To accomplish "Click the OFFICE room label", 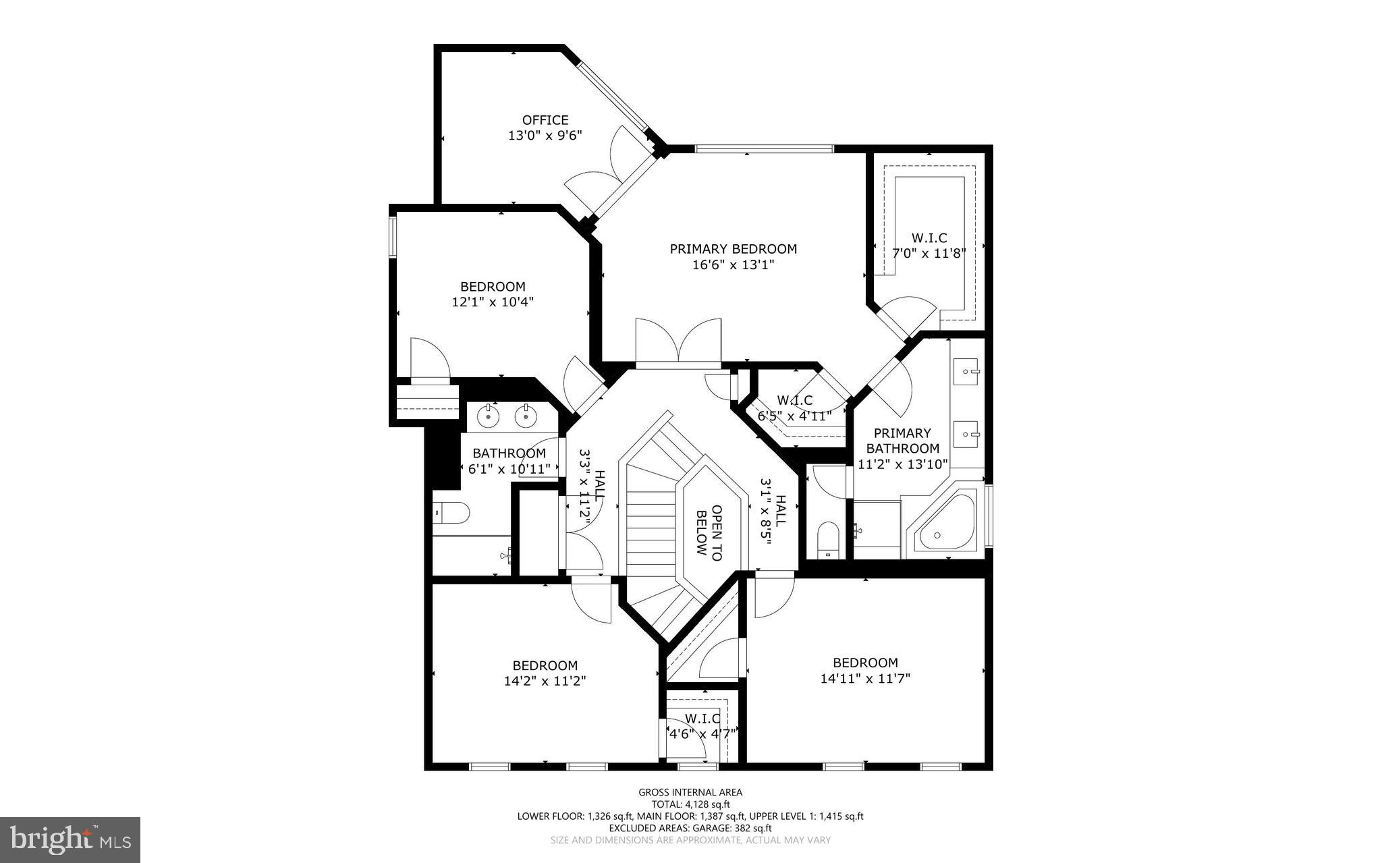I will pyautogui.click(x=545, y=120).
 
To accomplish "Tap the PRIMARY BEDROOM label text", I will pyautogui.click(x=733, y=249).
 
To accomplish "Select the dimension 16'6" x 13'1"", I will pyautogui.click(x=733, y=265).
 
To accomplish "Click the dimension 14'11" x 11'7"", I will pyautogui.click(x=865, y=679).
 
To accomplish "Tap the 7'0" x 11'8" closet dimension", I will pyautogui.click(x=929, y=254).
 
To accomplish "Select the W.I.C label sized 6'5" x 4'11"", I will pyautogui.click(x=794, y=401).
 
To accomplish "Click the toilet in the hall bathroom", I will pyautogui.click(x=453, y=513).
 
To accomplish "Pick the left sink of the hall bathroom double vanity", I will pyautogui.click(x=487, y=416).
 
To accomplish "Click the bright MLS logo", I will pyautogui.click(x=70, y=839).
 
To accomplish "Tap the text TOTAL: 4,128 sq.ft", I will pyautogui.click(x=690, y=804).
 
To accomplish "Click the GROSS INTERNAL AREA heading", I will pyautogui.click(x=690, y=792).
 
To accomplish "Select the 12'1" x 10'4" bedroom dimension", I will pyautogui.click(x=493, y=302).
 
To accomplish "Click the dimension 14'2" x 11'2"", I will pyautogui.click(x=545, y=681).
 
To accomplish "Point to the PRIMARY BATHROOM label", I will pyautogui.click(x=902, y=441).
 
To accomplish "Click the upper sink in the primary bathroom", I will pyautogui.click(x=968, y=371).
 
